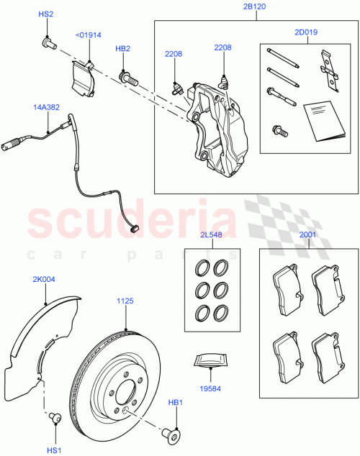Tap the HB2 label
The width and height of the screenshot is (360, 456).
coord(122,49)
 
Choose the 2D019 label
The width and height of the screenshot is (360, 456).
coord(305,32)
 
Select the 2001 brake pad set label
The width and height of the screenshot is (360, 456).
coord(307,235)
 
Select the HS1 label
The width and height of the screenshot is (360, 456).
coord(54,450)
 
